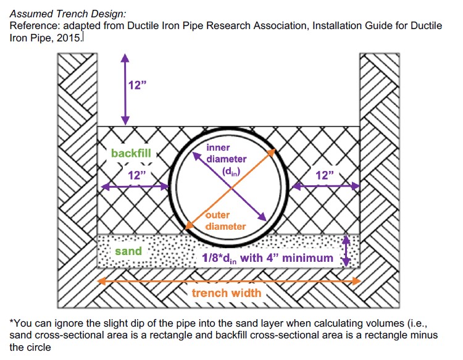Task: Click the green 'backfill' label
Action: point(130,153)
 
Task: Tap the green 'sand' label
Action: point(128,251)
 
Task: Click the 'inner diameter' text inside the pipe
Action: point(226,154)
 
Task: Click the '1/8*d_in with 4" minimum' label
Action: point(268,257)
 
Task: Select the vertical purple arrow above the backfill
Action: point(125,88)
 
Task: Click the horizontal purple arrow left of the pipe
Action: point(133,185)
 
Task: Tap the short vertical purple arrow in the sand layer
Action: point(346,251)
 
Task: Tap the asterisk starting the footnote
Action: point(12,323)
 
